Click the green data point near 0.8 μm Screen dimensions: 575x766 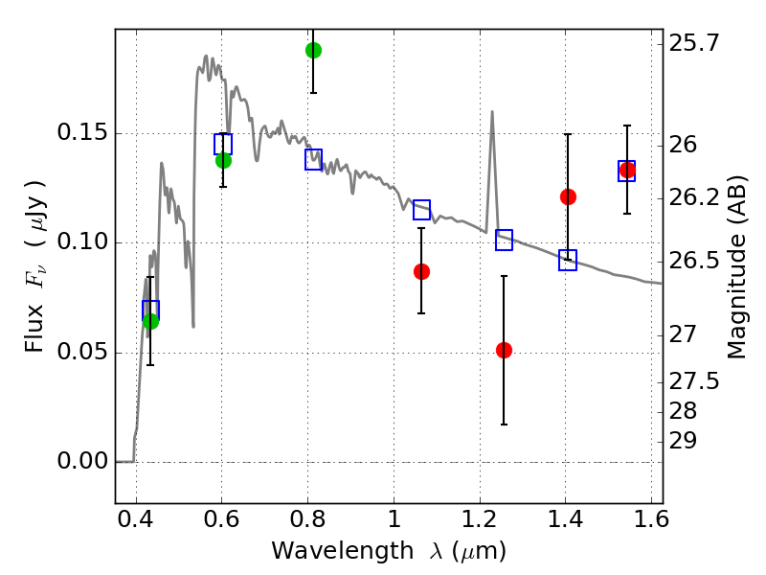[x=313, y=50]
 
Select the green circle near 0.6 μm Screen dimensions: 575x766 [x=223, y=160]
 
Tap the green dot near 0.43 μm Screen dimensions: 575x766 [x=150, y=321]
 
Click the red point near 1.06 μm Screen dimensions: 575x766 [x=421, y=271]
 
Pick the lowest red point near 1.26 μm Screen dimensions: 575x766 [x=505, y=350]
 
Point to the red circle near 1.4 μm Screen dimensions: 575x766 [x=568, y=196]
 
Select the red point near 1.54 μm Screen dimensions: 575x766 [x=627, y=171]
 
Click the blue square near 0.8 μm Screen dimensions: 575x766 [x=313, y=160]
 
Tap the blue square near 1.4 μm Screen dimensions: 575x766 [x=568, y=261]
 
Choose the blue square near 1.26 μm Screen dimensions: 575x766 [x=505, y=241]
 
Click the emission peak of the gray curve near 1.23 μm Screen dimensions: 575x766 [x=492, y=112]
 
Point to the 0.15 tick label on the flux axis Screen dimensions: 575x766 [x=79, y=133]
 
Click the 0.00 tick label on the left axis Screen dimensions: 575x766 [x=79, y=462]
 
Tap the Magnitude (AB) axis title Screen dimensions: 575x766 [x=737, y=266]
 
